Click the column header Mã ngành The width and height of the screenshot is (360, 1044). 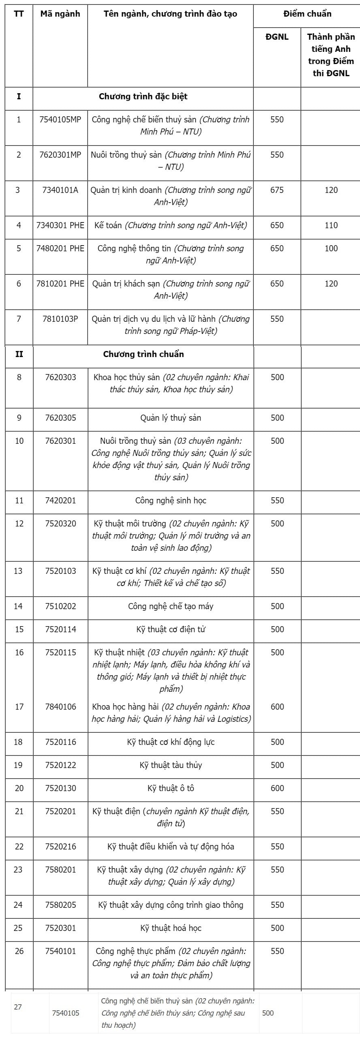coord(60,14)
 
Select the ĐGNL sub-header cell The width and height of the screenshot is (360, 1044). coord(277,37)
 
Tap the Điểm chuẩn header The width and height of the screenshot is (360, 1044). coord(307,14)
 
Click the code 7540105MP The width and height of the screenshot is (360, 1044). coord(60,120)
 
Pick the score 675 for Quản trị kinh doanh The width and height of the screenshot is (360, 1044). coord(277,190)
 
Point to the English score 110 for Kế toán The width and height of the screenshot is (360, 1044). coord(331,225)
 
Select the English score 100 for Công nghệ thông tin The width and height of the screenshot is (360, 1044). coord(331,248)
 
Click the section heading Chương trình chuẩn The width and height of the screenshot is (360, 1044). coord(143,354)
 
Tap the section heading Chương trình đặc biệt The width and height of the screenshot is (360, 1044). coord(143,96)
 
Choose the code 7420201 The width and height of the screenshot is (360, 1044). coord(60,501)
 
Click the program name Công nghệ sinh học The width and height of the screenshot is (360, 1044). coord(171,501)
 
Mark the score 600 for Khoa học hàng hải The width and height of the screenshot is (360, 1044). coord(277,707)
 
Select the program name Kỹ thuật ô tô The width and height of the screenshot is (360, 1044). coord(171,788)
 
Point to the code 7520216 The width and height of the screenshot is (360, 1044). coord(60,847)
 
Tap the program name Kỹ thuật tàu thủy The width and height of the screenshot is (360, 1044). coord(171,765)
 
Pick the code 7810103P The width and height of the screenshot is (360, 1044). coord(60,319)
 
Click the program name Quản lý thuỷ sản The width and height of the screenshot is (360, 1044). coord(171,418)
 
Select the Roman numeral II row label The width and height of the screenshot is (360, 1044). coord(19,354)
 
